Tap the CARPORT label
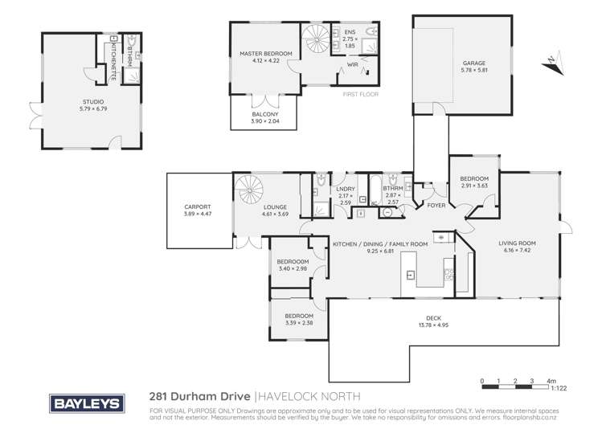pos(197,206)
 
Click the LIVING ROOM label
pos(517,243)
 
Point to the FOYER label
pos(436,206)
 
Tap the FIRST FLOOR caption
pos(361,93)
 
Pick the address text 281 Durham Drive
pos(200,396)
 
